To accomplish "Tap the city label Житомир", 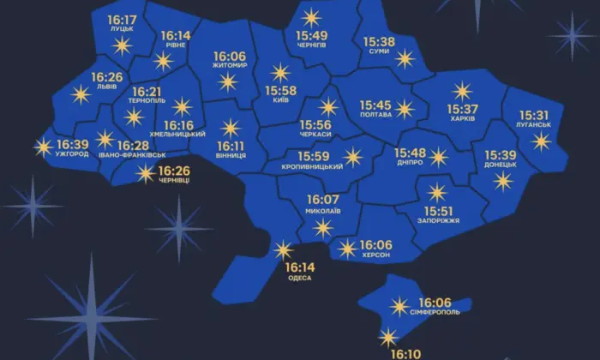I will coord(229,65).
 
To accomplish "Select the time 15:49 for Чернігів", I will coord(311,35).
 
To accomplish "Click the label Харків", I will coord(462,121).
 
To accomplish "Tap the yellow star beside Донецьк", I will coord(502,181).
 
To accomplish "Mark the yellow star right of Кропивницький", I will coord(352,156).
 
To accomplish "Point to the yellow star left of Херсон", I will coord(346,249).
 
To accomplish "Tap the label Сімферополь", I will coord(440,313).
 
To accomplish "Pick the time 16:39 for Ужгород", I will coord(72,144).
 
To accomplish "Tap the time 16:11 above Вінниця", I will coord(231,146).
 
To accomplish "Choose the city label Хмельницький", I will coord(177,135).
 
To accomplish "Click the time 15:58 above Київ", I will coord(281,91).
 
